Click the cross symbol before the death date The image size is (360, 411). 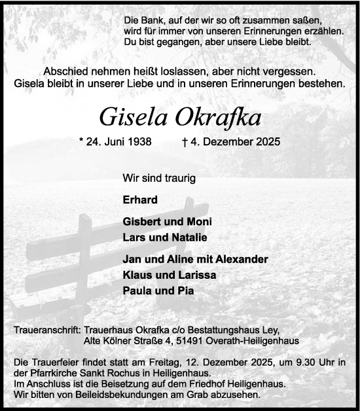click(188, 141)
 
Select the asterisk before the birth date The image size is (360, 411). click(80, 140)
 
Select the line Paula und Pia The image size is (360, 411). click(158, 291)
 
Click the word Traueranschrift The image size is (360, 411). click(46, 331)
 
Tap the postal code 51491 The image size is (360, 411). click(202, 341)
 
